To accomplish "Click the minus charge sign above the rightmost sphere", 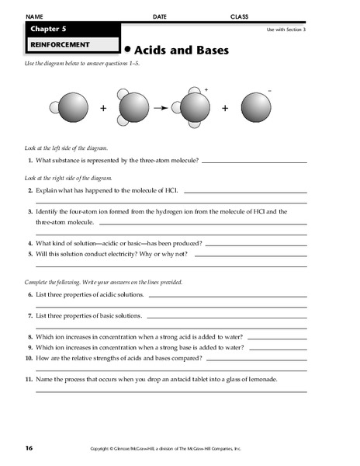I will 269,91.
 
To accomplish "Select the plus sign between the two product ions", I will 226,109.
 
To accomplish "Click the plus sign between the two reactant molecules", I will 103,109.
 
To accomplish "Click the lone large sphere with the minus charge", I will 256,109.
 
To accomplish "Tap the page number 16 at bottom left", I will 29,448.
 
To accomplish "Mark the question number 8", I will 29,337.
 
